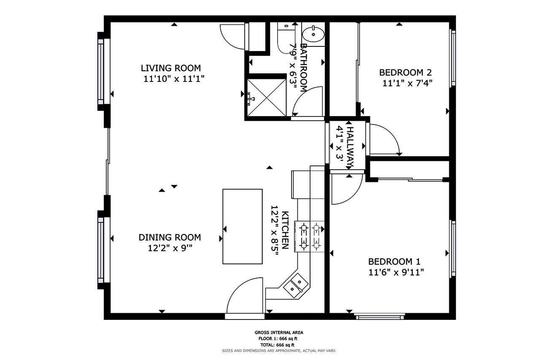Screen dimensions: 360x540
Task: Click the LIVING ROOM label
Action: [x=170, y=68]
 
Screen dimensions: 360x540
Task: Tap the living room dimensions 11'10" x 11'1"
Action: [x=174, y=78]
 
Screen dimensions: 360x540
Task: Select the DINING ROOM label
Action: [x=170, y=237]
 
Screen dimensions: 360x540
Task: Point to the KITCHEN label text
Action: [x=285, y=230]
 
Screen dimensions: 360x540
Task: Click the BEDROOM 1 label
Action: [x=394, y=262]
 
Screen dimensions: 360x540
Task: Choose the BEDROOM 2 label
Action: [x=405, y=72]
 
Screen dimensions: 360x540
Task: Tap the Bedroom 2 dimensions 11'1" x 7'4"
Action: [x=408, y=83]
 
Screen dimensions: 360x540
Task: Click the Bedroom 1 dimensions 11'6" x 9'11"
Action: [x=396, y=272]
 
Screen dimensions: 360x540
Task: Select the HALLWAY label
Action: [x=350, y=144]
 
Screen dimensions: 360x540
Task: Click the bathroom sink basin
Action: [x=313, y=33]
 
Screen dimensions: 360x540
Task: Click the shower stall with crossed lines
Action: [x=267, y=97]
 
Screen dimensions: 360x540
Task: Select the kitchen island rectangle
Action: [x=242, y=226]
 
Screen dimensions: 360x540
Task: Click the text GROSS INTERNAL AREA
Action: [x=278, y=333]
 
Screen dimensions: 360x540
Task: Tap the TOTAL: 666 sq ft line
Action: [x=278, y=345]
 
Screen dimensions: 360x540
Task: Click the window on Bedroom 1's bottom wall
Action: [x=379, y=315]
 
